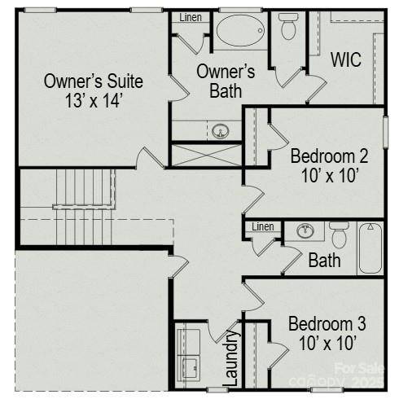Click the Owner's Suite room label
click(93, 81)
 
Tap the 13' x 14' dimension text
click(93, 102)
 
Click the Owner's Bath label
click(226, 81)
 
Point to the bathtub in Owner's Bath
click(241, 33)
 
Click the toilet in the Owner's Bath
click(289, 27)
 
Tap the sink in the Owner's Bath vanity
click(219, 131)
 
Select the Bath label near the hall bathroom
click(325, 261)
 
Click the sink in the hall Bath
click(306, 230)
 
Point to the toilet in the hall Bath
click(340, 235)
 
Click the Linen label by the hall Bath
click(262, 226)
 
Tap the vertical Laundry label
click(230, 357)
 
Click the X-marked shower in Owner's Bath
click(206, 155)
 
